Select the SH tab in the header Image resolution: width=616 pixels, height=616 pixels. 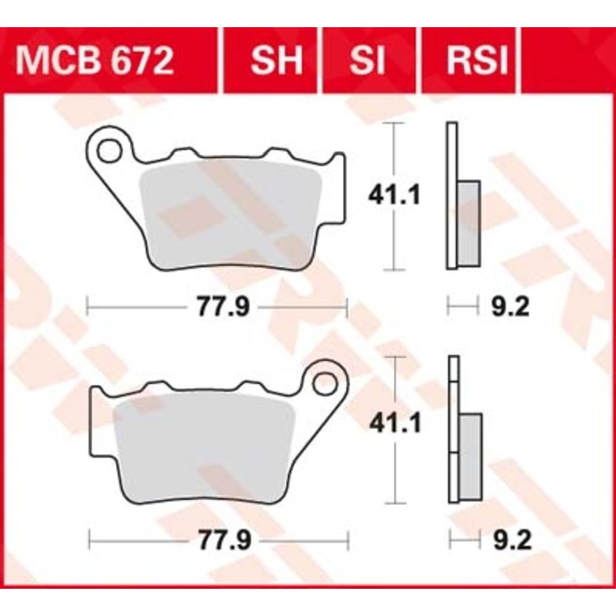[x=277, y=61]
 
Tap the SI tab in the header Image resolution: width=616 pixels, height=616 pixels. [x=367, y=61]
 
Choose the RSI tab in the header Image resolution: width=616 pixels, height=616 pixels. [x=477, y=61]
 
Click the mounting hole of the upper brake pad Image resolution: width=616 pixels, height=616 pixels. [x=109, y=151]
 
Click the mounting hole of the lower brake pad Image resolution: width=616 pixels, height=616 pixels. [x=325, y=383]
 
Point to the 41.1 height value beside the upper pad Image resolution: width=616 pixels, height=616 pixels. [x=394, y=195]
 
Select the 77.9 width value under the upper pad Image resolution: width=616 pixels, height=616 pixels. [x=223, y=306]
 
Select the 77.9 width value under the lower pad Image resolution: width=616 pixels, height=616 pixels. [x=224, y=540]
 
